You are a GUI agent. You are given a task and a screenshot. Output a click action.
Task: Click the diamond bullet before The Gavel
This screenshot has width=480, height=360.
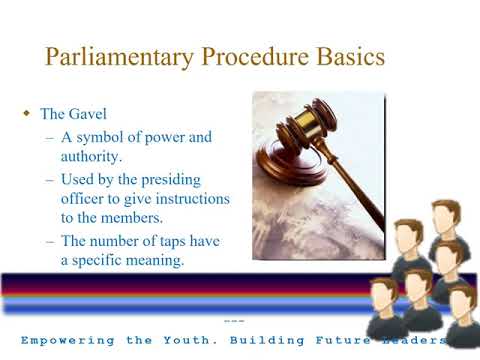pos(28,115)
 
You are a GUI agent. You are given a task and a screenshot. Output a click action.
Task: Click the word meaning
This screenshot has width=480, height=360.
pos(157,261)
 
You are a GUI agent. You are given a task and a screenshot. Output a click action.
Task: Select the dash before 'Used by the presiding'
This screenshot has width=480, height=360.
pos(51,180)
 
